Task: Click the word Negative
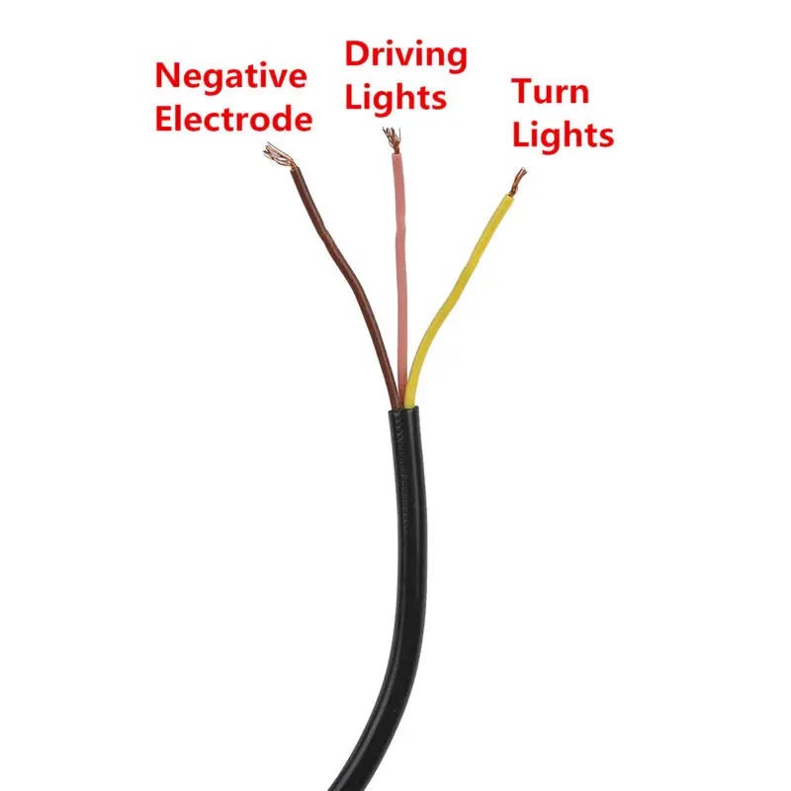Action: point(231,76)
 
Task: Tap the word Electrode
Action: point(233,119)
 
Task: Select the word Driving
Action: point(406,56)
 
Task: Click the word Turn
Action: point(551,92)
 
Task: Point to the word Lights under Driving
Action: point(396,97)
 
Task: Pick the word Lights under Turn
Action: point(563,135)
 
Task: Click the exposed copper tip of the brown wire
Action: point(279,155)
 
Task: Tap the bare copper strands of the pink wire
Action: point(393,139)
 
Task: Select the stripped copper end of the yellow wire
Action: point(517,182)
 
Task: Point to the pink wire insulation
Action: point(401,278)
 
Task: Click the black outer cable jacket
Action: point(407,580)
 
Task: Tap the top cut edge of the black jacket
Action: point(403,408)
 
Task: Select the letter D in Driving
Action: point(358,54)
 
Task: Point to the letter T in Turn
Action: point(523,91)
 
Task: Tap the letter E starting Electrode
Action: point(164,119)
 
